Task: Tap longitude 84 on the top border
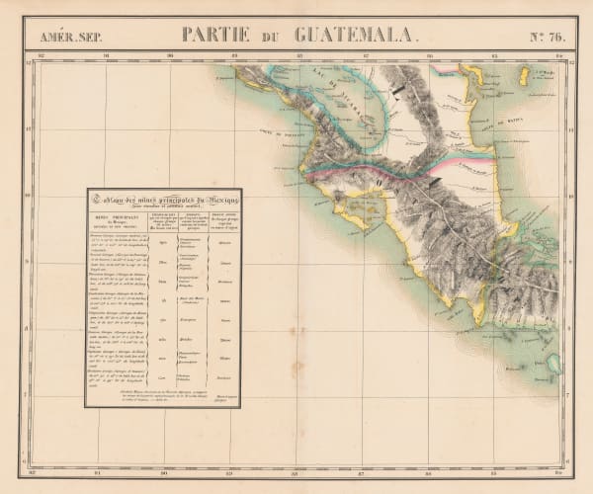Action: click(554, 56)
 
